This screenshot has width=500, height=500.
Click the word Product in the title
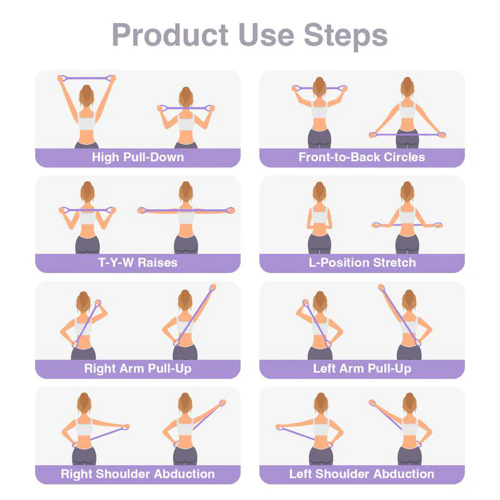[x=170, y=35]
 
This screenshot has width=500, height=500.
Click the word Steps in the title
[x=346, y=35]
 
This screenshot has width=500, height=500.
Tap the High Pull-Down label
[x=137, y=157]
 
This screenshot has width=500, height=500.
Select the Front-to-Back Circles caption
[x=361, y=157]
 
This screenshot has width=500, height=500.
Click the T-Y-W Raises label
[x=137, y=262]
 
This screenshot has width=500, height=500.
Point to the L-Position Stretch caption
[x=361, y=262]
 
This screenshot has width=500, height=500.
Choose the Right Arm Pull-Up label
[x=137, y=368]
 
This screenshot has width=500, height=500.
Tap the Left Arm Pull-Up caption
[x=361, y=368]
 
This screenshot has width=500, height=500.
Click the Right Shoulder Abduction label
[x=137, y=474]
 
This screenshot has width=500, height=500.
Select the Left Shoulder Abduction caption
[x=361, y=474]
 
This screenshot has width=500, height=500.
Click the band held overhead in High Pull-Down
[x=87, y=77]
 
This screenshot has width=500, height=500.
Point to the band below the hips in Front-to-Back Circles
[x=407, y=134]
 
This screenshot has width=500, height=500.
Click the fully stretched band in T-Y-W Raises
[x=186, y=210]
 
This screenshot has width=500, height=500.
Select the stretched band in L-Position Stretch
[x=407, y=224]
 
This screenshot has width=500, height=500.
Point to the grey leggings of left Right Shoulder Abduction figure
[x=84, y=454]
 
